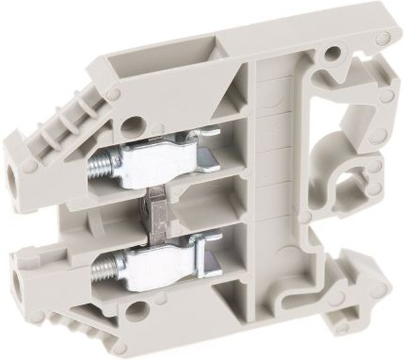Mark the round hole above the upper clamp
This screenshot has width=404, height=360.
pos(133,125)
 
